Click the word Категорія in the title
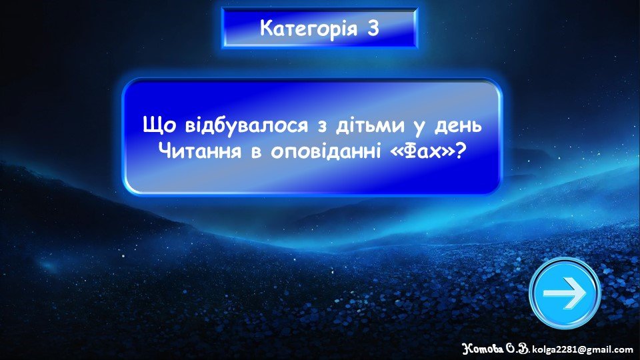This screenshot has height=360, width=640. (309, 29)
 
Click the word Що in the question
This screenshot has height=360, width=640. (159, 125)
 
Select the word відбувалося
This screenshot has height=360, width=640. (247, 125)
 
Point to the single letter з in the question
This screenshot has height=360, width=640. (323, 126)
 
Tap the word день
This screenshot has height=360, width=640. (458, 125)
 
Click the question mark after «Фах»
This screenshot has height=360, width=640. (461, 151)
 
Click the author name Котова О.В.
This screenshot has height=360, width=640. (495, 349)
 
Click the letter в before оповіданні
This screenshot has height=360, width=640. (256, 153)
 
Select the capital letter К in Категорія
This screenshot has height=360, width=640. (267, 28)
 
